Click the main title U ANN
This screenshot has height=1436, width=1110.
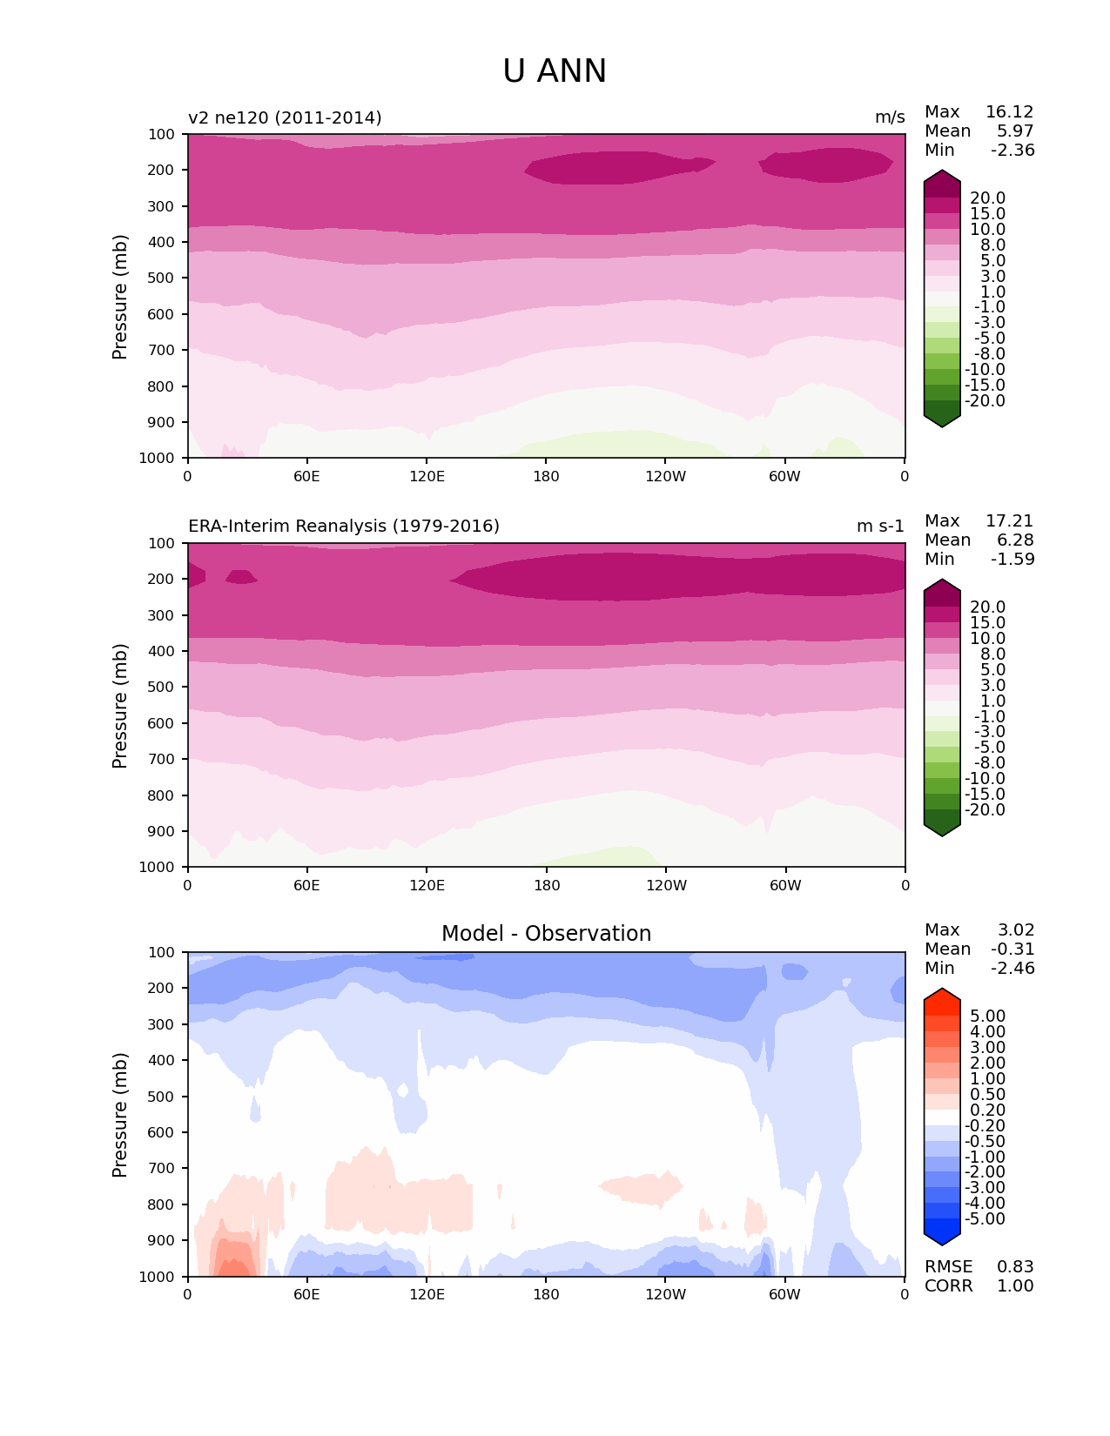pos(555,71)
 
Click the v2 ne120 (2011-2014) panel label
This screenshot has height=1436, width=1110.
pos(285,117)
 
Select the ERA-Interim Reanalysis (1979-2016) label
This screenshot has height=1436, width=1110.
pos(344,527)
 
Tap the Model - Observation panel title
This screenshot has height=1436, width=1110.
pos(546,934)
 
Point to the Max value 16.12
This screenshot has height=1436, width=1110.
pos(1009,112)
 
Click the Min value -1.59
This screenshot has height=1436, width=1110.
pos(1012,560)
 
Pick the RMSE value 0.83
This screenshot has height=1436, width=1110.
pos(1015,1267)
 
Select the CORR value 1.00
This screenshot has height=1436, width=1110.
pos(1015,1286)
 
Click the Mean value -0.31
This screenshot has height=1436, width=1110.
pos(1012,950)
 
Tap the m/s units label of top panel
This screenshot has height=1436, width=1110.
pos(890,117)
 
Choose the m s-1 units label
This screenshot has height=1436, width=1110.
pos(880,527)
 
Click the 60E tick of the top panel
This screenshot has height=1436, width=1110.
pos(306,476)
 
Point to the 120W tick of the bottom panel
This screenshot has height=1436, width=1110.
pos(666,1294)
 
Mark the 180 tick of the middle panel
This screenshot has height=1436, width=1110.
pos(547,885)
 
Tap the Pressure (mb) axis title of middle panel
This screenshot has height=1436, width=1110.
pos(120,706)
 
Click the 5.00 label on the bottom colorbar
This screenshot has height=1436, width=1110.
pos(987,1017)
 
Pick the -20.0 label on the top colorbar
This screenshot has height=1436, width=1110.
pos(987,401)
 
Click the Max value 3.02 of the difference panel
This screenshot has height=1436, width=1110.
pos(1016,930)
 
